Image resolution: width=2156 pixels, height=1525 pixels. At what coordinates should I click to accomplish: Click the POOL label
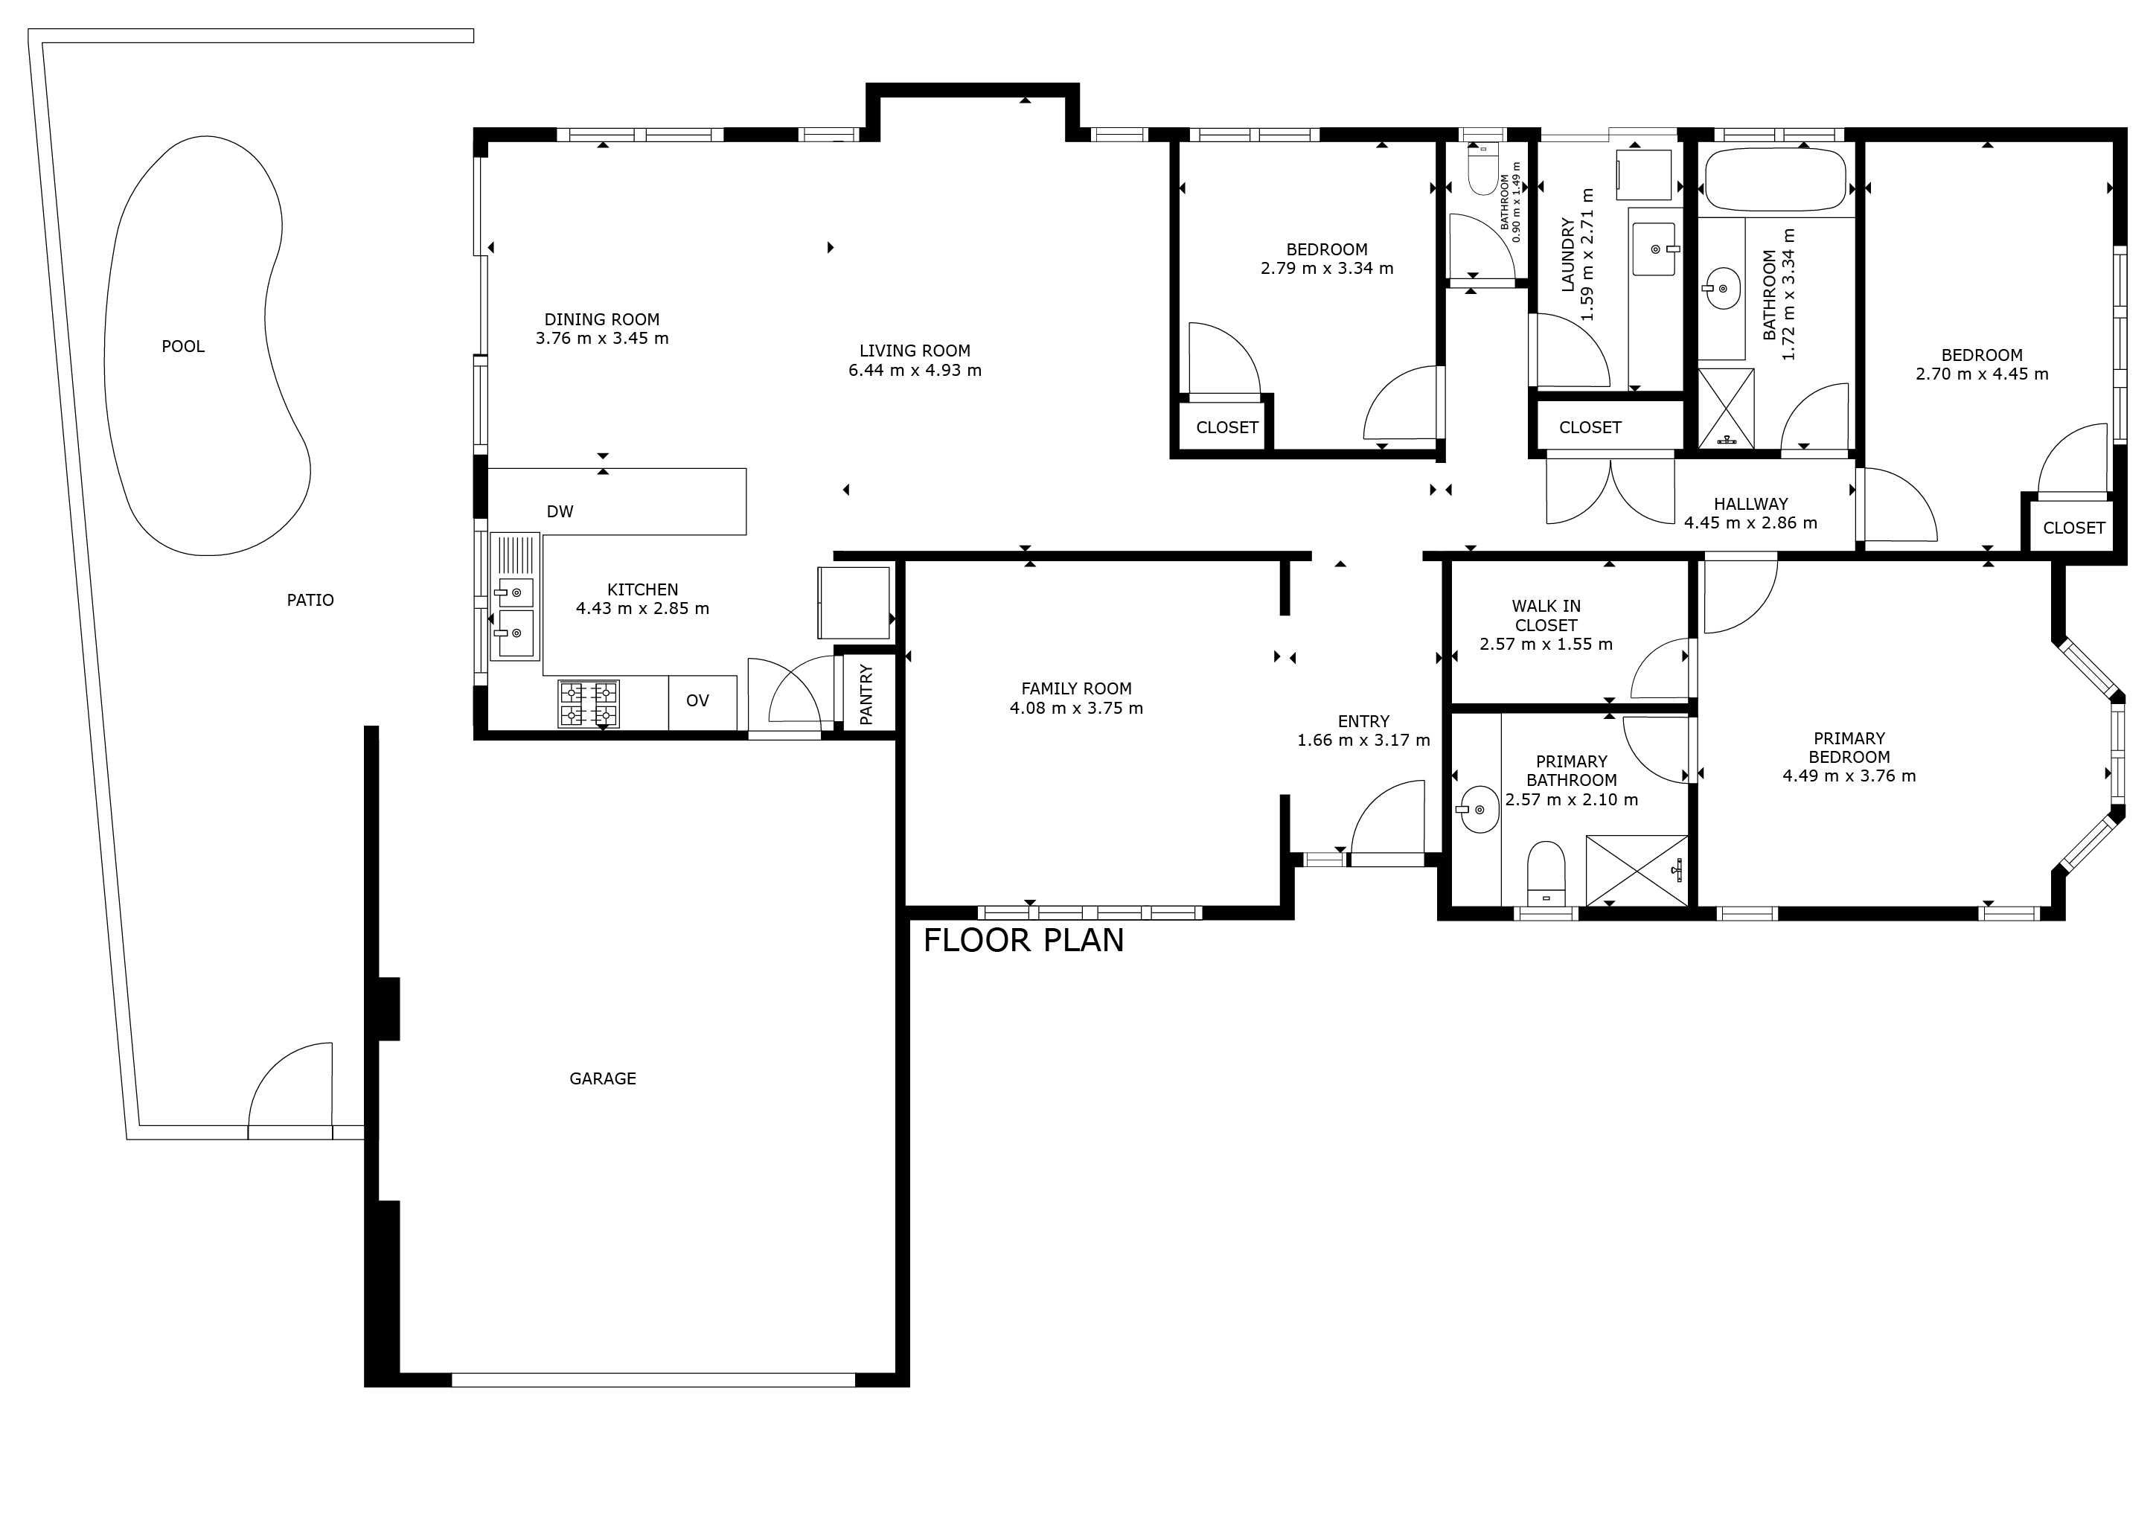coord(183,347)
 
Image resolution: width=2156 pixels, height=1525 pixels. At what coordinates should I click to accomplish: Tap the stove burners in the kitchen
coord(589,704)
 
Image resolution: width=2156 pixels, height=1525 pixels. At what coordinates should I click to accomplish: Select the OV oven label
coord(697,700)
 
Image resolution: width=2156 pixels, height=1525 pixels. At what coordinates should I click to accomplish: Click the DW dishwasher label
coord(560,512)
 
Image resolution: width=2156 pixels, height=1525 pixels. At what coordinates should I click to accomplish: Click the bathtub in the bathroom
coord(1775,179)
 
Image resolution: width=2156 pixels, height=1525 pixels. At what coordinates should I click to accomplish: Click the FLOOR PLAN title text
coord(1023,940)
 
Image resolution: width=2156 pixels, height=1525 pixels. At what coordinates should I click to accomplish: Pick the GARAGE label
coord(603,1079)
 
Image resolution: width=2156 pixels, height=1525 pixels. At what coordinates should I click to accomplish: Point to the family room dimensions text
coord(1076,708)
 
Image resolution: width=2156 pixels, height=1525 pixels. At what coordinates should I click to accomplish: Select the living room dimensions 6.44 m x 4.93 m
coord(915,370)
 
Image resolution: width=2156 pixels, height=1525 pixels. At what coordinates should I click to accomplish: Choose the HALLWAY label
coord(1750,505)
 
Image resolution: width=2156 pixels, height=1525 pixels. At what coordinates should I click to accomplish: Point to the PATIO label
coord(310,600)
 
